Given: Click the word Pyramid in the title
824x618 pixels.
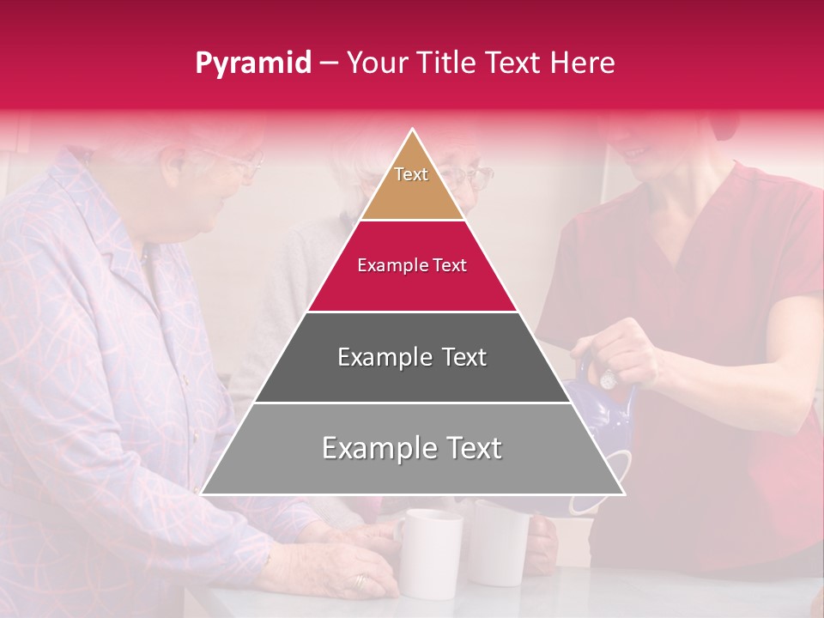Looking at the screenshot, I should coord(252,64).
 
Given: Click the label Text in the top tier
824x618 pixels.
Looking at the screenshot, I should coord(411,174).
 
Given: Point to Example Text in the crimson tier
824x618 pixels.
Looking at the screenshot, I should coord(412,265).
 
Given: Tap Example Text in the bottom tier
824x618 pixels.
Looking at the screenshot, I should coord(412,448).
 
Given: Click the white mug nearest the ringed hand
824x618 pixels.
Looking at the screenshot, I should coord(428,554).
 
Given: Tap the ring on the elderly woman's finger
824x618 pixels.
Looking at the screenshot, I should coord(360,581).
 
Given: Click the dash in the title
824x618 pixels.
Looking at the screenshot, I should coord(329,64).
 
